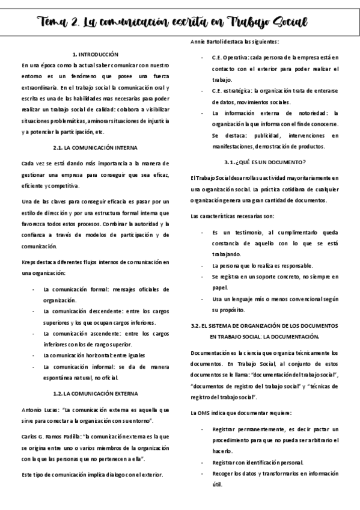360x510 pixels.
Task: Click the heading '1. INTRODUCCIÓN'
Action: pos(95,54)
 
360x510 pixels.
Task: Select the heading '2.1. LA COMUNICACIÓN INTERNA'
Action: pos(95,147)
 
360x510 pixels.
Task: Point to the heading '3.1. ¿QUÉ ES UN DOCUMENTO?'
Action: pos(265,162)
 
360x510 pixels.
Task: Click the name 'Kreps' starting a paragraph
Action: pos(29,262)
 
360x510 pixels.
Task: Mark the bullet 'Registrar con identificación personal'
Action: pos(258,462)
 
